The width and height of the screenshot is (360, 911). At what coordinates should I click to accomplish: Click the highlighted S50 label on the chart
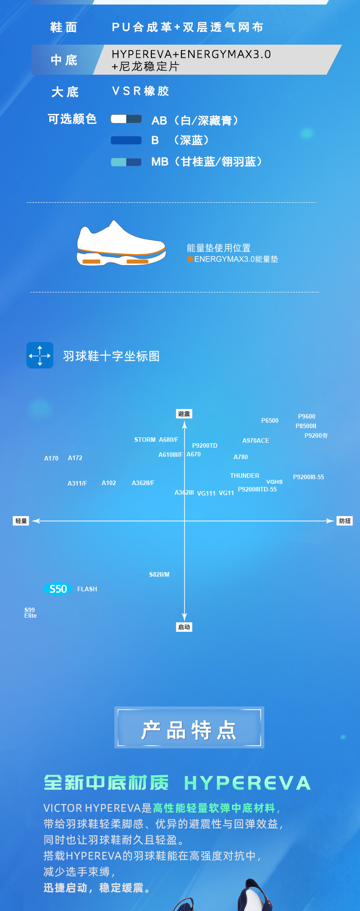58,589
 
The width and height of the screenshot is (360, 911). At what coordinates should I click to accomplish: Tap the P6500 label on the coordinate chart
270,420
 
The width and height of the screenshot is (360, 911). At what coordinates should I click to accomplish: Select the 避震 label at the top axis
184,414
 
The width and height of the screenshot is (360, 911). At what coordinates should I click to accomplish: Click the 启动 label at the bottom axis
184,627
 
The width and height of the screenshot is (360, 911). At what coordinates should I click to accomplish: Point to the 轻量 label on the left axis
21,521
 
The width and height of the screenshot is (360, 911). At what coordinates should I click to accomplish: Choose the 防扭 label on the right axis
345,521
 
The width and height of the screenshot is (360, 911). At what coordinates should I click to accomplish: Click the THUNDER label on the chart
245,476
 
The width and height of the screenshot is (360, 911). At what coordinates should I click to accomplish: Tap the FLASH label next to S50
87,589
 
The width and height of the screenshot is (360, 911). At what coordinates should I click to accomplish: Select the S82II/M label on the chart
159,574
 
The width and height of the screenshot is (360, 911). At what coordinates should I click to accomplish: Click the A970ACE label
256,440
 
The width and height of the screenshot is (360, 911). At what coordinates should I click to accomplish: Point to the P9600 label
307,416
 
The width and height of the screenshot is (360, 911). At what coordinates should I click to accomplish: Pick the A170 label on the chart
51,458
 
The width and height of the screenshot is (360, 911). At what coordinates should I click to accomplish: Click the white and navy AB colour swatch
126,119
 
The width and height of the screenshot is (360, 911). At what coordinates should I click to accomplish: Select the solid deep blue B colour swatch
126,140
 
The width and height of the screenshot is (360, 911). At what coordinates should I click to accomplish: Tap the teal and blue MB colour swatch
126,162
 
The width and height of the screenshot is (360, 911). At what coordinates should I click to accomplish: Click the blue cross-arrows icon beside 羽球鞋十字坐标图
40,355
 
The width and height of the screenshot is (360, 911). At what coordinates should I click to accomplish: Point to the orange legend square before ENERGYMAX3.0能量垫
190,259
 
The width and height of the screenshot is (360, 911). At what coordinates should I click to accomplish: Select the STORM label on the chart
145,440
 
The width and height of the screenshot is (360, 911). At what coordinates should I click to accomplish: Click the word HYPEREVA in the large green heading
247,783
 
